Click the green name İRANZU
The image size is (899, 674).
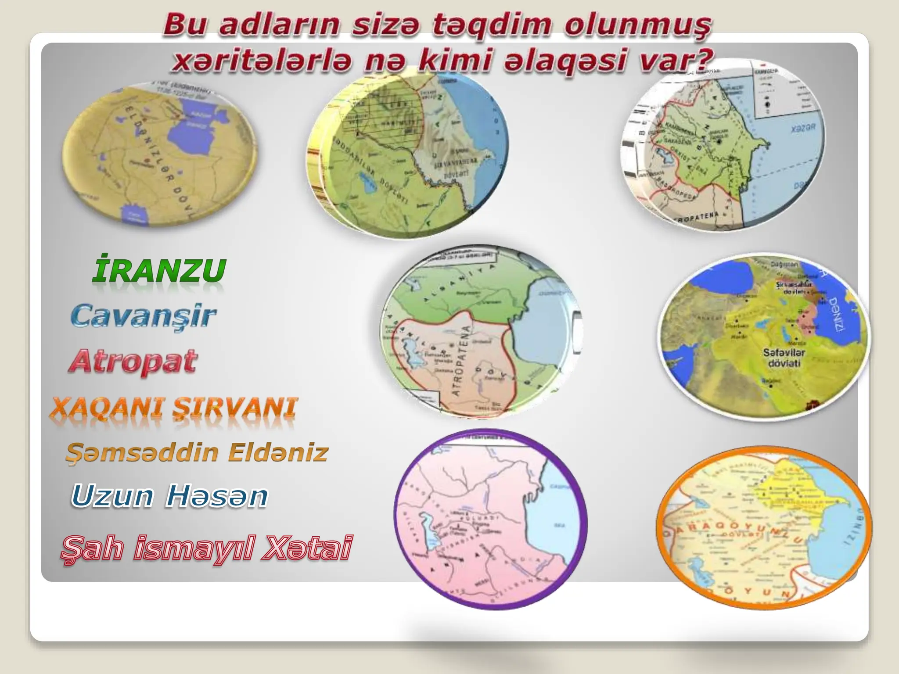click(x=159, y=271)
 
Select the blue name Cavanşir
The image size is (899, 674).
click(x=144, y=316)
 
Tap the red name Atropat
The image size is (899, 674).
click(x=133, y=362)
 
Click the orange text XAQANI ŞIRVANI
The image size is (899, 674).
click(x=173, y=408)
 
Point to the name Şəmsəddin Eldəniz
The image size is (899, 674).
click(x=197, y=452)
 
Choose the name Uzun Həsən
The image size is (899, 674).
click(x=169, y=497)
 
